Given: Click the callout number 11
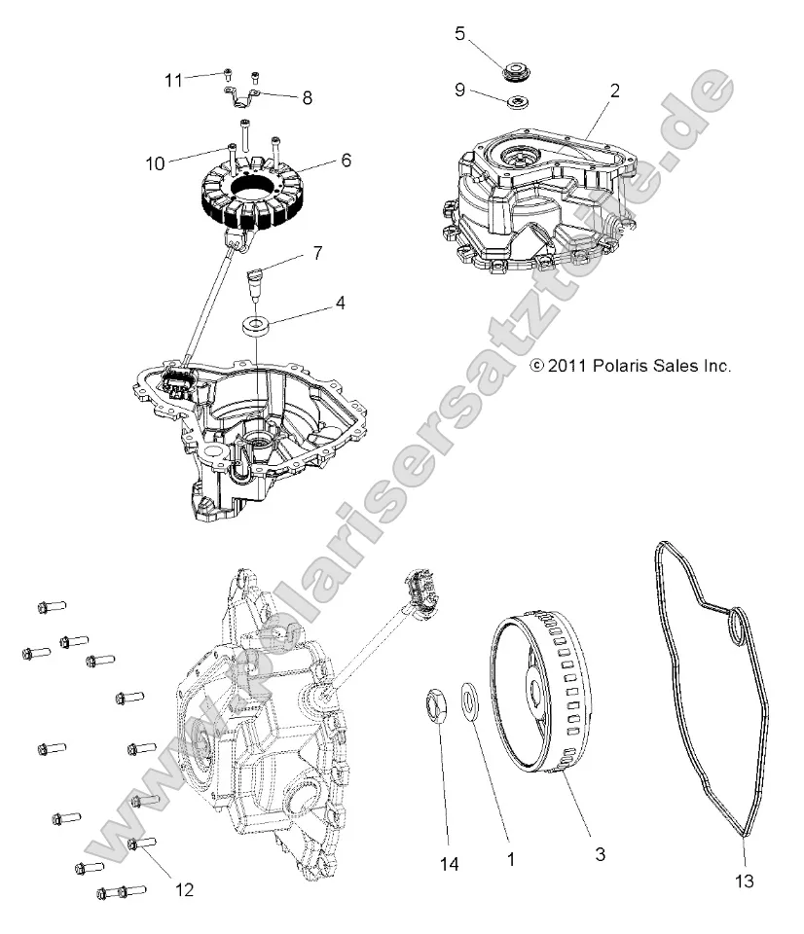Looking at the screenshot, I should pyautogui.click(x=172, y=80).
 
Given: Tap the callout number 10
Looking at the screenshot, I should pyautogui.click(x=155, y=163).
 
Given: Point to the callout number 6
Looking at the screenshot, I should pyautogui.click(x=318, y=161).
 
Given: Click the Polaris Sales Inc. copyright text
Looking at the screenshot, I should pyautogui.click(x=629, y=366).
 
